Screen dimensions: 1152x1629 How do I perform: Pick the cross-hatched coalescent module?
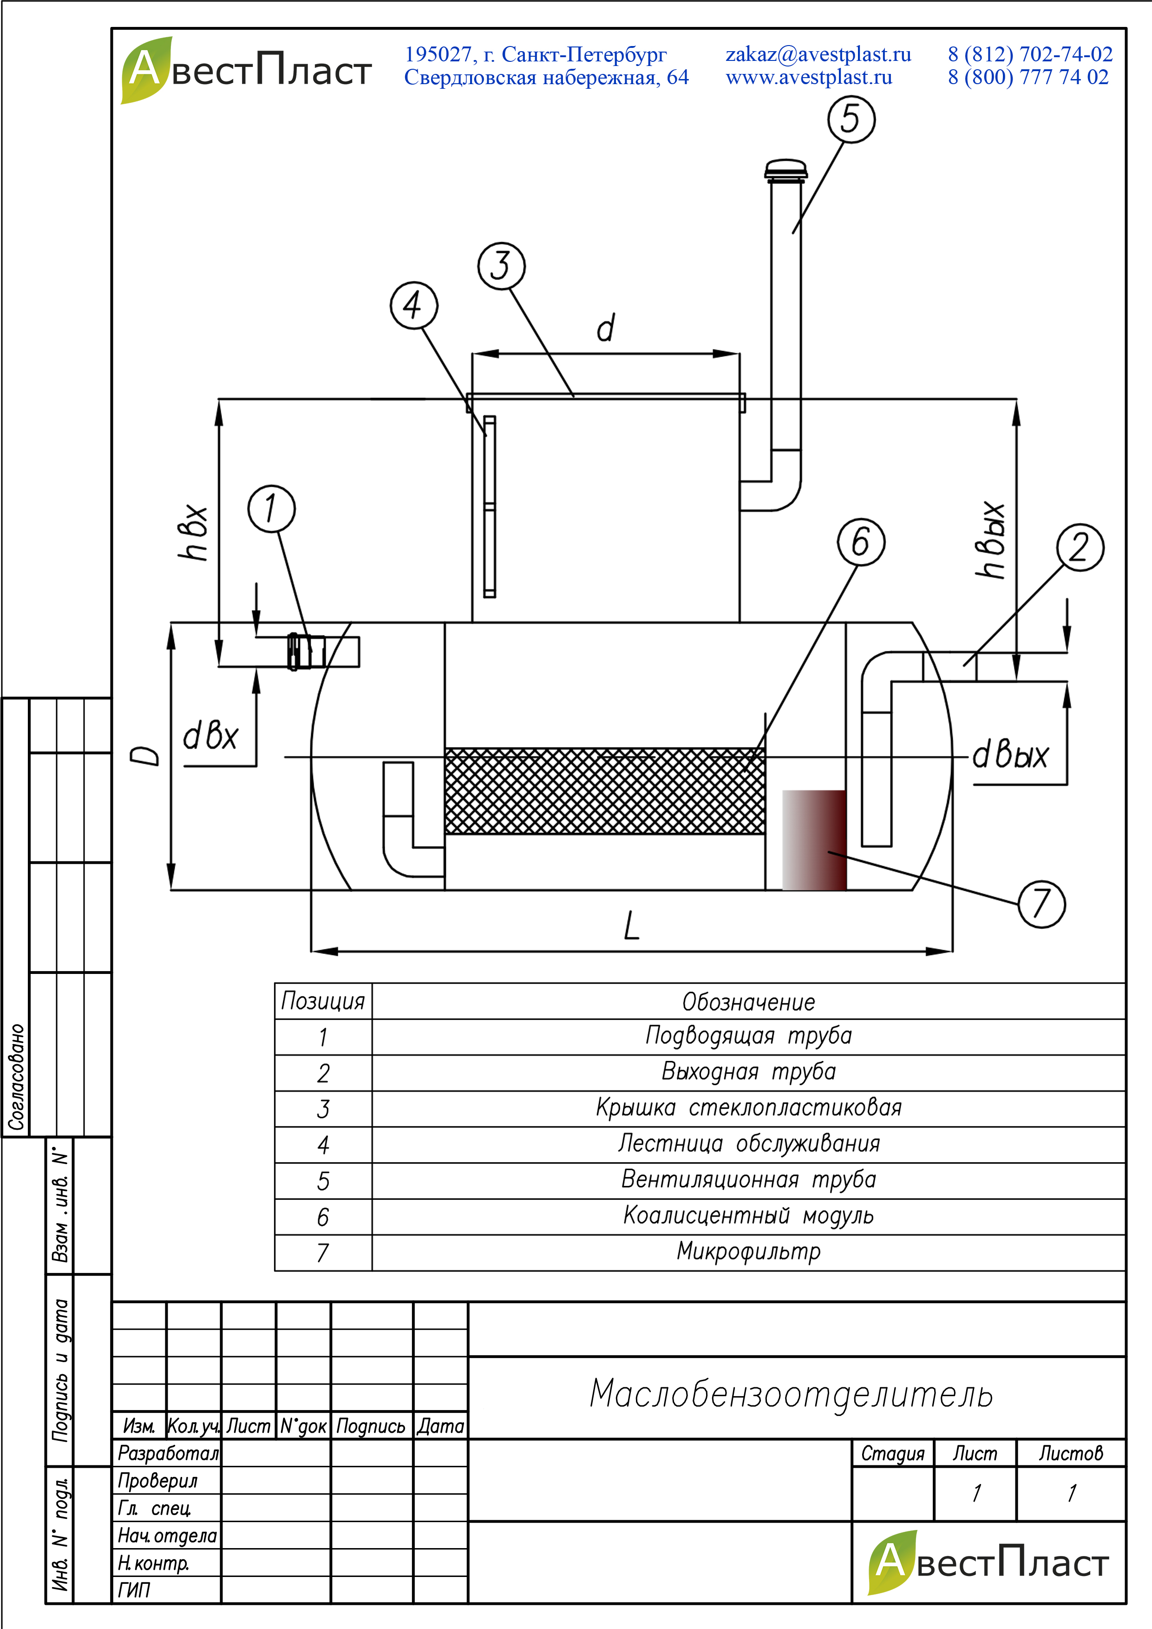604,791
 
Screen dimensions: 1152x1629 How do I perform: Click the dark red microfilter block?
814,840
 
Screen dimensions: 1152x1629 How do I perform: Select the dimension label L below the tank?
631,926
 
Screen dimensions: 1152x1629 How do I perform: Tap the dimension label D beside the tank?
145,755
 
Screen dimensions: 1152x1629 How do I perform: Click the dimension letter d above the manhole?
605,328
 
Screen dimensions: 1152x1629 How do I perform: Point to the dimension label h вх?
192,532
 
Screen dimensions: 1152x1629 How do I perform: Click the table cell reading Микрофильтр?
748,1252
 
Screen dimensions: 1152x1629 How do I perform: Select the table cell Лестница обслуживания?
748,1144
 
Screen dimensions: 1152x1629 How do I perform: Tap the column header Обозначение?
748,1001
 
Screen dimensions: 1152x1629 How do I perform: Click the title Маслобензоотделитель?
791,1393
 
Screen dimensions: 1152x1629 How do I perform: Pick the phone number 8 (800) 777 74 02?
1028,77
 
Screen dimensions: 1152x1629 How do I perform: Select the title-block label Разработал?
167,1453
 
